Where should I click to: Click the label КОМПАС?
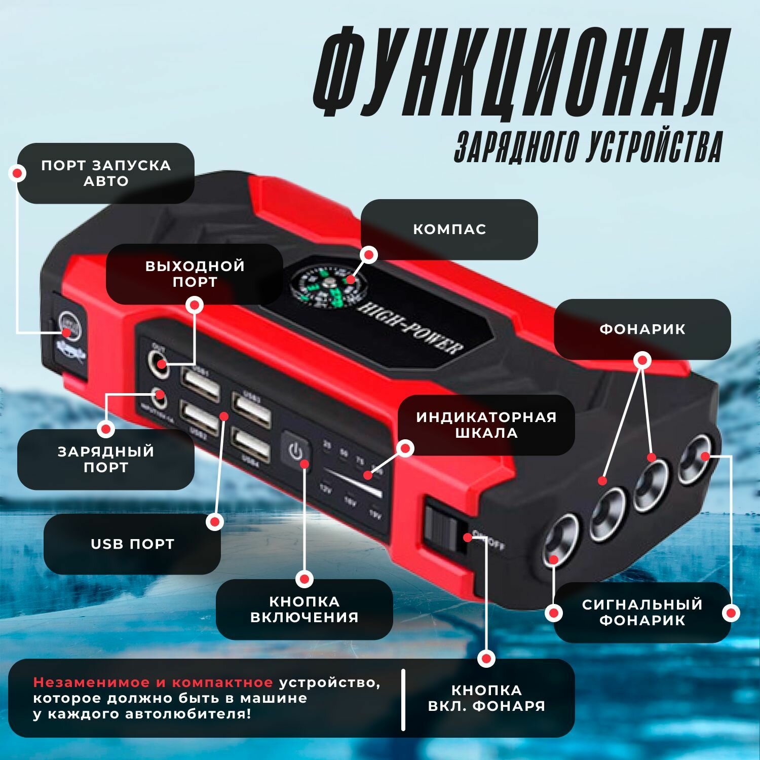click(449, 229)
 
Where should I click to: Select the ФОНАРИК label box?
click(642, 329)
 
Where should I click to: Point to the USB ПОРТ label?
click(132, 544)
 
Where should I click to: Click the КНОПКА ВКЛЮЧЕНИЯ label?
click(304, 609)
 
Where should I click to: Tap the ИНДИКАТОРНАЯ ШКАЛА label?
click(486, 425)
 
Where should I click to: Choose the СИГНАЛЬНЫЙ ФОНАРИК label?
click(642, 612)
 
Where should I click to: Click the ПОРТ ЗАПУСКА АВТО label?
click(106, 173)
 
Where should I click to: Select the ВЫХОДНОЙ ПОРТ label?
click(195, 274)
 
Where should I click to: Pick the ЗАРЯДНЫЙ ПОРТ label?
click(105, 459)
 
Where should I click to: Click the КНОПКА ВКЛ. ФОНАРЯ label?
click(486, 698)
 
